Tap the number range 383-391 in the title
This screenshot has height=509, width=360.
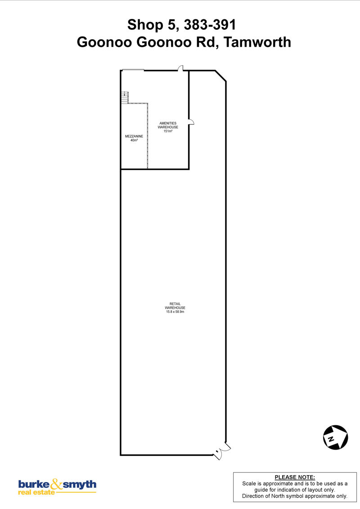(x=210, y=25)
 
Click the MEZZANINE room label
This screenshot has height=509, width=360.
(x=134, y=136)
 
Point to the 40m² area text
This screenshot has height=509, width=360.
(x=134, y=140)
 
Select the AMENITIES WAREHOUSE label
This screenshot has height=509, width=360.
(x=168, y=125)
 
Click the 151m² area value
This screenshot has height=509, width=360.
(x=168, y=131)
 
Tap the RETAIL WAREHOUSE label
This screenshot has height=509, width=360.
(x=175, y=306)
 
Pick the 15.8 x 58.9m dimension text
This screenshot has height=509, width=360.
(x=175, y=311)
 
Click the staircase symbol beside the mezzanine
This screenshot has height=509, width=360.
(x=125, y=97)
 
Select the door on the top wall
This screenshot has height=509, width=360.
(x=180, y=68)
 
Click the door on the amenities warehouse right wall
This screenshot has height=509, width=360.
(x=191, y=122)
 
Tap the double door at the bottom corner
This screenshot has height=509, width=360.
(x=221, y=450)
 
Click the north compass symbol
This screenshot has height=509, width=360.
(x=335, y=437)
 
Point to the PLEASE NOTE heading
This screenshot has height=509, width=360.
(x=295, y=477)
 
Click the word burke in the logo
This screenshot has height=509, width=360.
(x=34, y=485)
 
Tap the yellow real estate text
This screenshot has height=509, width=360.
(x=36, y=492)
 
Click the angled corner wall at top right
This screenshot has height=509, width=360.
(x=220, y=76)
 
